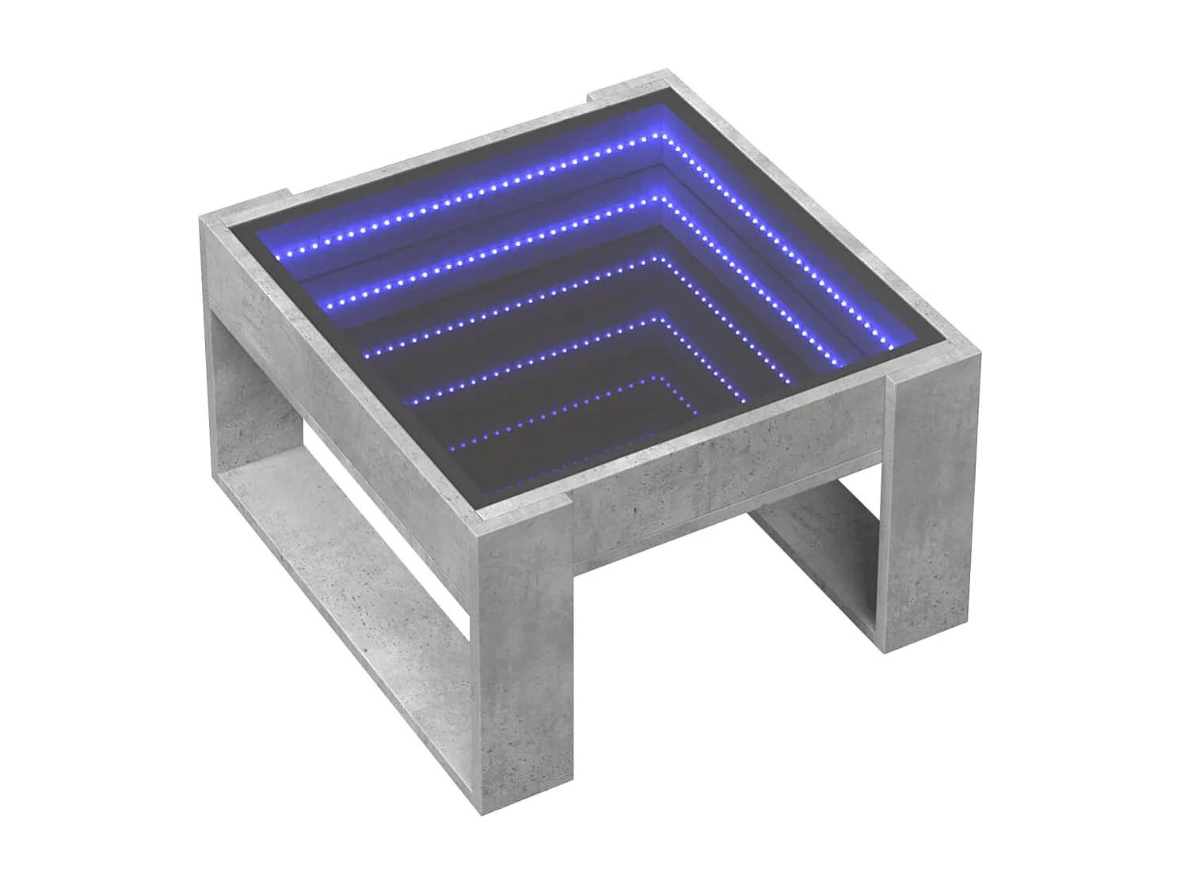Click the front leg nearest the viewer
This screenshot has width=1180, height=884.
click(x=523, y=673)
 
